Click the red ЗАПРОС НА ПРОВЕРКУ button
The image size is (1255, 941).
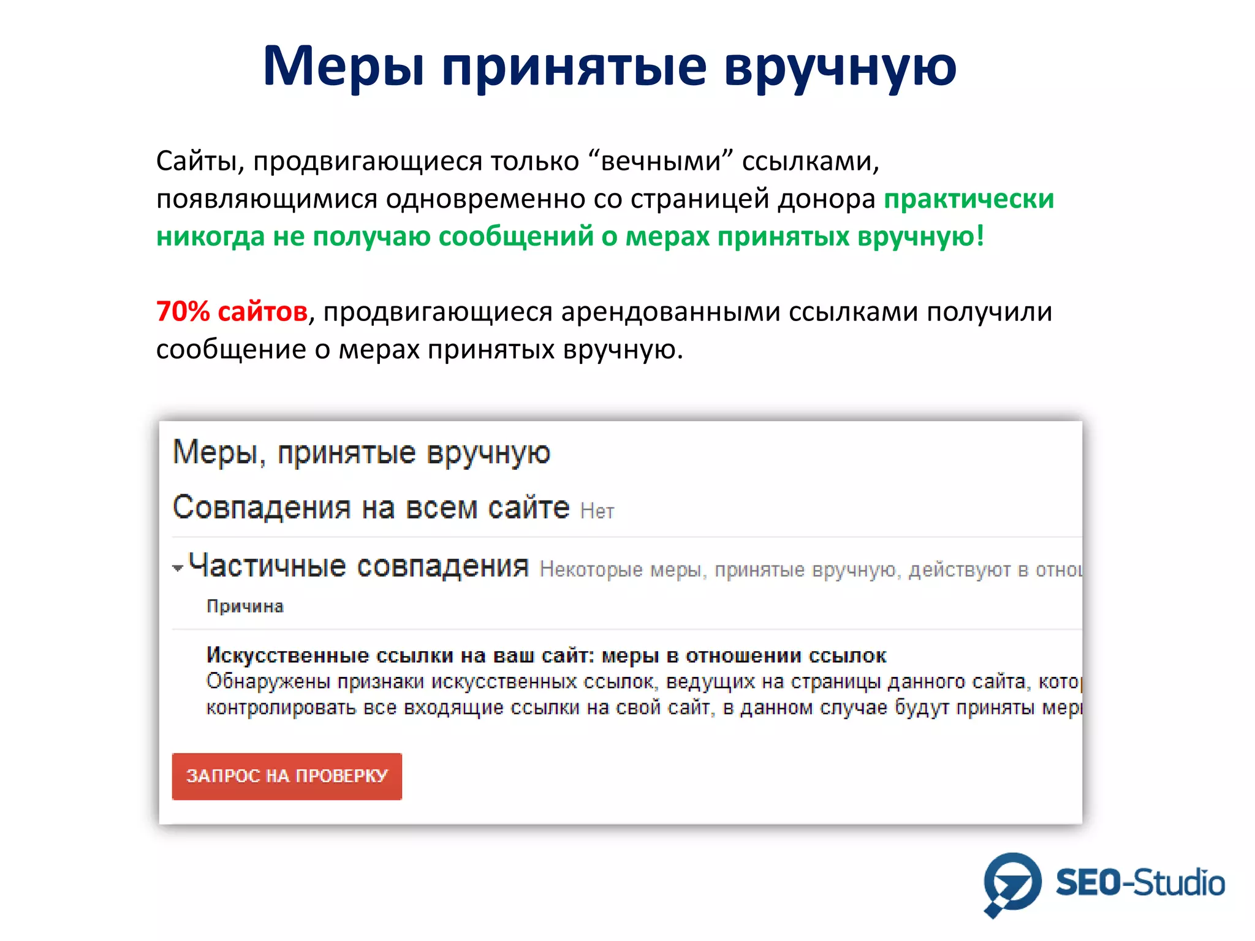(287, 776)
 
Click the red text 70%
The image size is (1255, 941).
(183, 312)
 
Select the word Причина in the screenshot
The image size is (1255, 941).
(245, 607)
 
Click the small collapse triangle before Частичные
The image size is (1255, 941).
(178, 569)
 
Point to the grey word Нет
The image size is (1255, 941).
(597, 511)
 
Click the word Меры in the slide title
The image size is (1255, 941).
(344, 66)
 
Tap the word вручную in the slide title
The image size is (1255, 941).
(840, 66)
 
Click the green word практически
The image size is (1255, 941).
(969, 199)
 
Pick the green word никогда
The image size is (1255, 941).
(210, 236)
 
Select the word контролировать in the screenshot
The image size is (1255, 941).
(281, 708)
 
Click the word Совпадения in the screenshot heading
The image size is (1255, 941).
(262, 507)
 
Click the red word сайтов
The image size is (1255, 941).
(262, 312)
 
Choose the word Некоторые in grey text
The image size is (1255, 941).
(591, 570)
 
